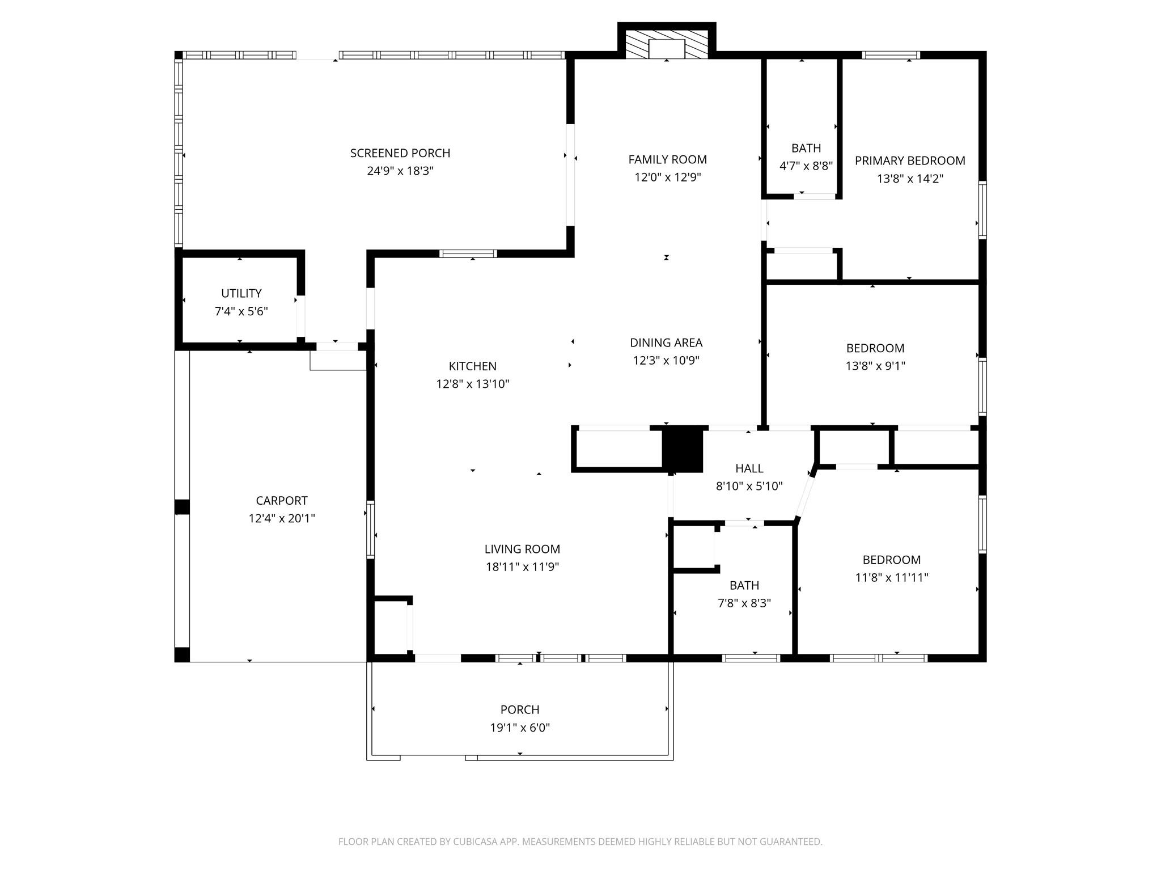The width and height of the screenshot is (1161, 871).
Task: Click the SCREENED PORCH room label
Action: (400, 153)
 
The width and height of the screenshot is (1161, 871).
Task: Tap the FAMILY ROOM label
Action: (667, 159)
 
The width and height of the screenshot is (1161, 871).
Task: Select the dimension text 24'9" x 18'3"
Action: (400, 171)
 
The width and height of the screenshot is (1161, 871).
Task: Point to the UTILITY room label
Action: (241, 293)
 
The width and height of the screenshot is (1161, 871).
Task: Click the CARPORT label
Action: (282, 501)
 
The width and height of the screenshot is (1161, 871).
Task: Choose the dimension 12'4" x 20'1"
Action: (282, 518)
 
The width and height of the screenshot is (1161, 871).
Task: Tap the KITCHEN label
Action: (473, 366)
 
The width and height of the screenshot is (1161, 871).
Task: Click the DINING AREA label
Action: (666, 343)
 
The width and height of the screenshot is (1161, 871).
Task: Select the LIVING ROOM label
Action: (522, 549)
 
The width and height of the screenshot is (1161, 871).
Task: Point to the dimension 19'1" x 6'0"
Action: (520, 728)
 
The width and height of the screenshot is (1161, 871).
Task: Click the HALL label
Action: (749, 468)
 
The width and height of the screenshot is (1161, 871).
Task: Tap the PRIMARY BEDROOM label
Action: (910, 160)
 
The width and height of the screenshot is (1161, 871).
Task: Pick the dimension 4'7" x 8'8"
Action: (806, 166)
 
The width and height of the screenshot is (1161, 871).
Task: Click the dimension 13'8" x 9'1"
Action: (875, 366)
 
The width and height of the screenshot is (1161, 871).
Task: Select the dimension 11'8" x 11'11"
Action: (892, 578)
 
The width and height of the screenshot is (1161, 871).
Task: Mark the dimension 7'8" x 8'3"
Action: (744, 603)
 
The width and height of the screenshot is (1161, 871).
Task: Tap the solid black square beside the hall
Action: (683, 449)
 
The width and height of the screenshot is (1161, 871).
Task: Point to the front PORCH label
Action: (520, 710)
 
